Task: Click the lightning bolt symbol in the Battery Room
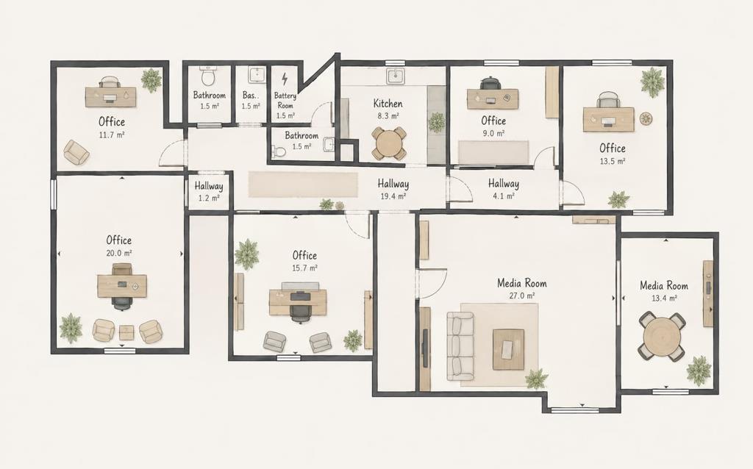tap(285, 78)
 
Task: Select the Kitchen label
tap(388, 103)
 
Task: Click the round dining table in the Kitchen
tap(389, 143)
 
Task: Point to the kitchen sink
tap(396, 76)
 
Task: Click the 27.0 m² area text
tap(522, 296)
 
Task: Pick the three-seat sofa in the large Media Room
tap(460, 346)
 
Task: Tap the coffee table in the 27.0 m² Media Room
tap(509, 349)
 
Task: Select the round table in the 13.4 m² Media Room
tap(663, 337)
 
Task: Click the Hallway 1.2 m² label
tap(208, 191)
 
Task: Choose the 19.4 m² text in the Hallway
tap(393, 196)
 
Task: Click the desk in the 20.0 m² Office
tap(122, 286)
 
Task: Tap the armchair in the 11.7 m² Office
tap(76, 151)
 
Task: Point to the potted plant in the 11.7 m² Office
tap(151, 79)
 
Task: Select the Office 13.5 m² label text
tap(613, 154)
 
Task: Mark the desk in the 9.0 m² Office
tap(493, 99)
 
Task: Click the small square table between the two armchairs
tap(126, 332)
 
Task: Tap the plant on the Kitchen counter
tap(437, 123)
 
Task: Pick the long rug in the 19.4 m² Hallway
tap(303, 184)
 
